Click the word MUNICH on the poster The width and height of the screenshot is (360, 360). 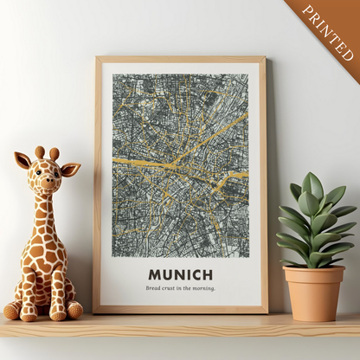point(180,275)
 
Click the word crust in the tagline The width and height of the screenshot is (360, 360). point(171,288)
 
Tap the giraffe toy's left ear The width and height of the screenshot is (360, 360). point(23,160)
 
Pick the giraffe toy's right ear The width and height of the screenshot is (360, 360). point(71,168)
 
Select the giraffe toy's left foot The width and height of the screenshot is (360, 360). point(15,310)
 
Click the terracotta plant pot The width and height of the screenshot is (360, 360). point(313,294)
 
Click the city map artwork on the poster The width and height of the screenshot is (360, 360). point(180,164)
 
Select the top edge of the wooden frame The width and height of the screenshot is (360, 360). point(180,60)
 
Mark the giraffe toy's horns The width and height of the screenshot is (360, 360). point(47,153)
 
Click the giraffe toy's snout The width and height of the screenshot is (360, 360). point(48,185)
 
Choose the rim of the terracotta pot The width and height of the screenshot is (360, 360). point(313,272)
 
